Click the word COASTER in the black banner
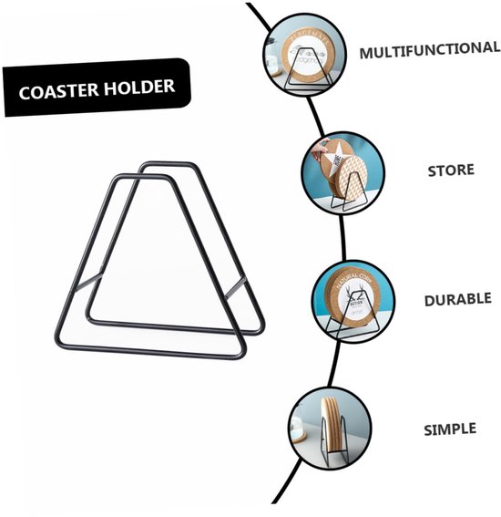(58, 90)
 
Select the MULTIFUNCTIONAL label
(430, 50)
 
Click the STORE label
(451, 171)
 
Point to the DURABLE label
(458, 299)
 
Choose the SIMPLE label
(450, 429)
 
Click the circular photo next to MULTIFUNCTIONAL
(304, 55)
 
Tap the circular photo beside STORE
(343, 173)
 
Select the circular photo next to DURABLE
(353, 302)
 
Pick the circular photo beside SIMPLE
(331, 428)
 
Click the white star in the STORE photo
(334, 160)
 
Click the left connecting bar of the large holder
(88, 282)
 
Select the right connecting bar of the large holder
(236, 287)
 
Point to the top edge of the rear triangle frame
(168, 164)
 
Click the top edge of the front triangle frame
(142, 176)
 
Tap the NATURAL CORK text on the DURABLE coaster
(353, 280)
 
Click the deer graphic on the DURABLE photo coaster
(353, 295)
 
